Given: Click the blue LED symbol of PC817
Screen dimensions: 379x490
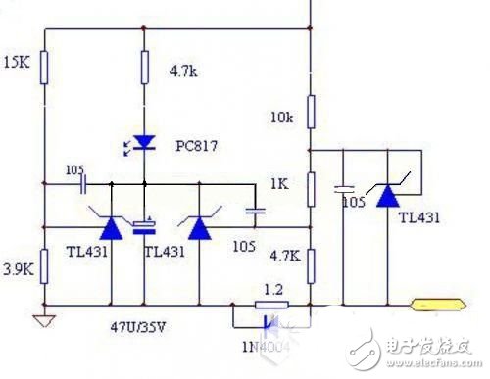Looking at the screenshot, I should coord(144,143).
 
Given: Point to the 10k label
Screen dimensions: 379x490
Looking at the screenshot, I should coord(281,118).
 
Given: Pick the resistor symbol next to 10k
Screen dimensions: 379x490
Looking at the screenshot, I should coord(309,111).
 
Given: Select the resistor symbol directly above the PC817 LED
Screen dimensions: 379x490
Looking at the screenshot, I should coord(144,69).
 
